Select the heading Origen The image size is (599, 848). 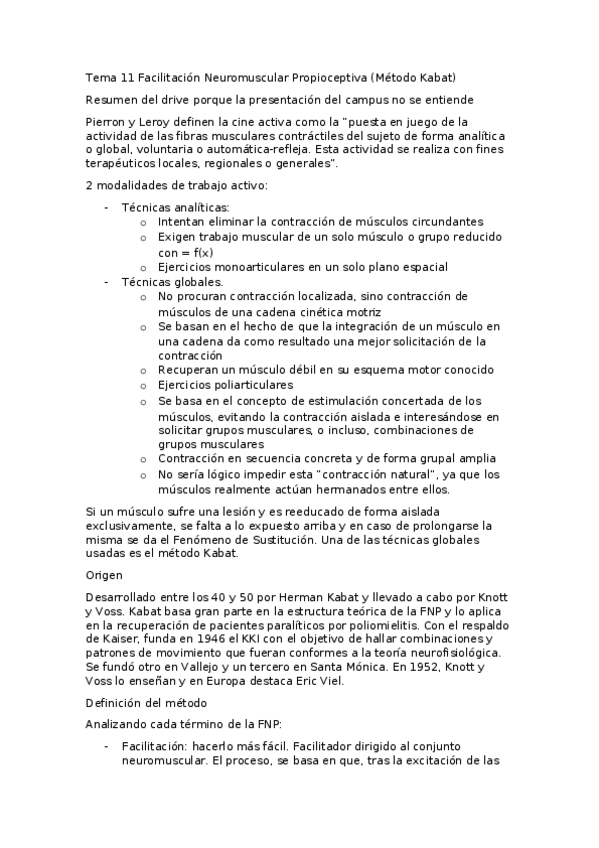pos(104,575)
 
